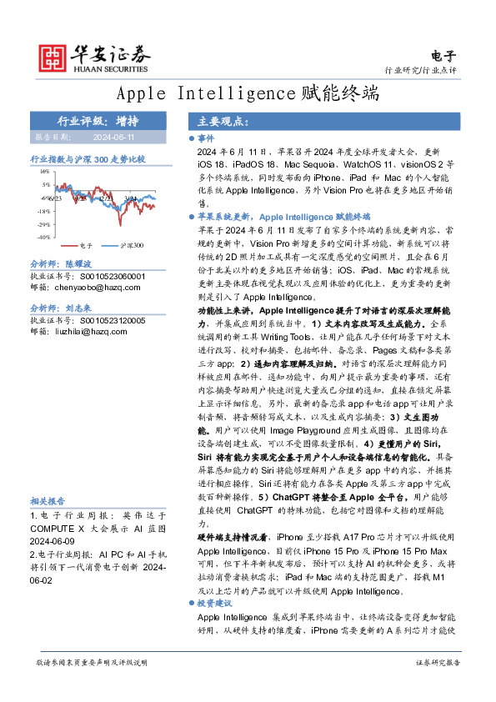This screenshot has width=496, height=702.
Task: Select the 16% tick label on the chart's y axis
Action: (44, 171)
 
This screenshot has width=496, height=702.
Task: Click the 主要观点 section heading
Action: (219, 122)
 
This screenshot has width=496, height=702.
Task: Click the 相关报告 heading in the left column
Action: (50, 501)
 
